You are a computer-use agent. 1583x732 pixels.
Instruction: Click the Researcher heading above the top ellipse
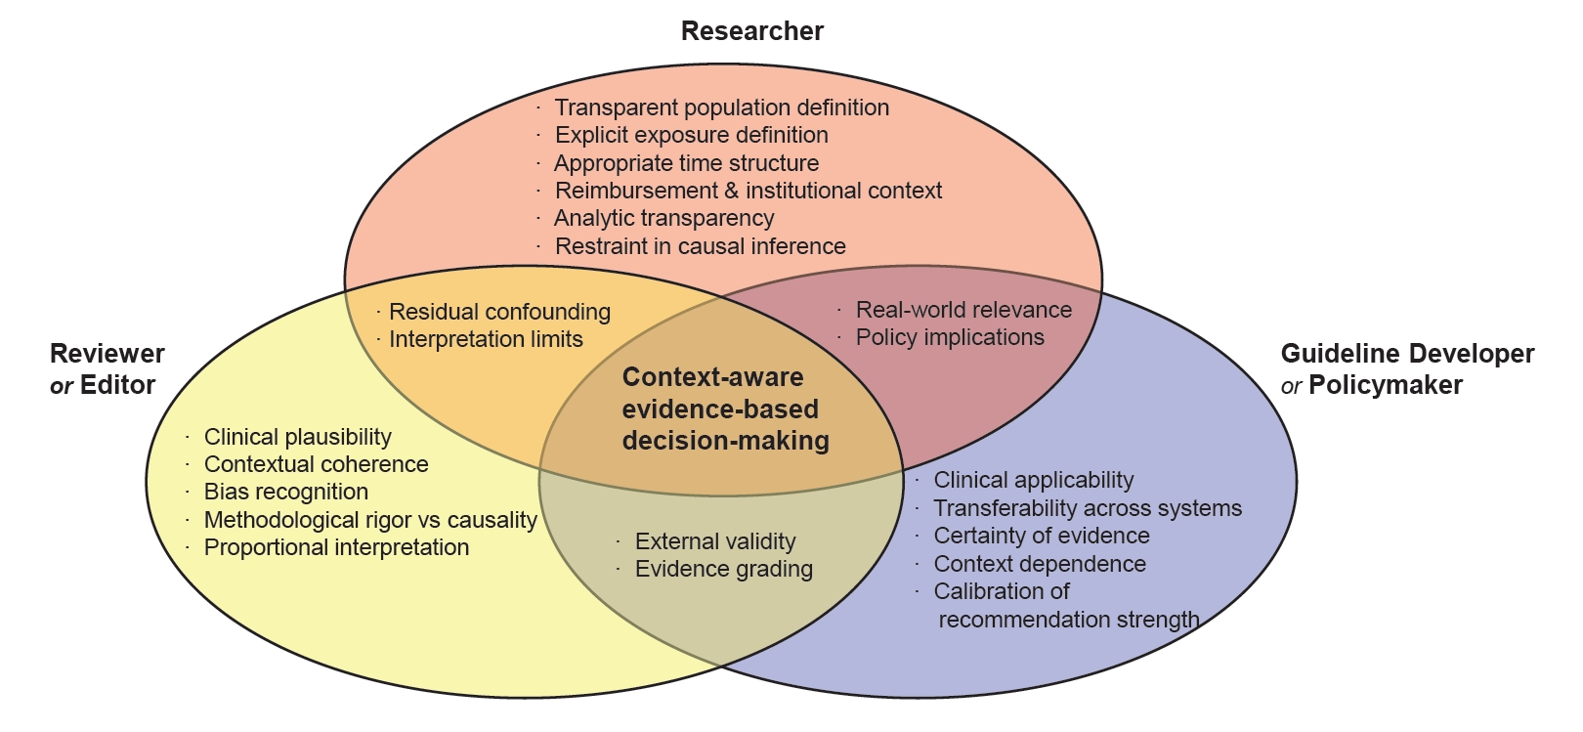pos(751,31)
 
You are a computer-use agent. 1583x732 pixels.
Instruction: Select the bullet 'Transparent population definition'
pos(721,108)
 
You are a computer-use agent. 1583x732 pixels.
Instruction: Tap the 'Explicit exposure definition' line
pos(691,135)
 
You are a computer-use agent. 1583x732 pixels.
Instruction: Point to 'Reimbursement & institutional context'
pos(748,191)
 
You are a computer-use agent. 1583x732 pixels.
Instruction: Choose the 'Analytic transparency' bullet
pos(663,218)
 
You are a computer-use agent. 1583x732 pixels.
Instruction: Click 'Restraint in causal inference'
pos(700,246)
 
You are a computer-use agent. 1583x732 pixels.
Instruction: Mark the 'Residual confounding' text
pos(499,312)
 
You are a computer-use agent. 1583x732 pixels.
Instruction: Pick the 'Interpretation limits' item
pos(486,339)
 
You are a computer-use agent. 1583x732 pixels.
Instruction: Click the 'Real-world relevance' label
pos(963,310)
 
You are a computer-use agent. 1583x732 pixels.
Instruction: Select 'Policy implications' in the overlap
pos(950,337)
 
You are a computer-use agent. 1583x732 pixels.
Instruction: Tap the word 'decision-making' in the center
pos(725,441)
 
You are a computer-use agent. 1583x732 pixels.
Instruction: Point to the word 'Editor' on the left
pos(118,385)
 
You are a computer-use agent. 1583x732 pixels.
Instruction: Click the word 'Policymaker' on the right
pos(1385,385)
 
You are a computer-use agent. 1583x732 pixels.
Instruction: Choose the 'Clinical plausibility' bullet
pos(297,437)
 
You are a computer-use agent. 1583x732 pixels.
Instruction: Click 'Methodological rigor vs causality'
pos(370,520)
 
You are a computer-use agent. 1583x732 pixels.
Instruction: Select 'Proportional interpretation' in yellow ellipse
pos(336,547)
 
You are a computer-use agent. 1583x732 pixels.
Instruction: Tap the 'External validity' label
pos(715,541)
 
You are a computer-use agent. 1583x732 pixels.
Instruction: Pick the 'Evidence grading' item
pos(723,569)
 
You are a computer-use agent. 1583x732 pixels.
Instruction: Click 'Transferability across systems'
pos(1087,508)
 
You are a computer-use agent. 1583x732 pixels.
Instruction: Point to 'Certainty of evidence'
pos(1041,536)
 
